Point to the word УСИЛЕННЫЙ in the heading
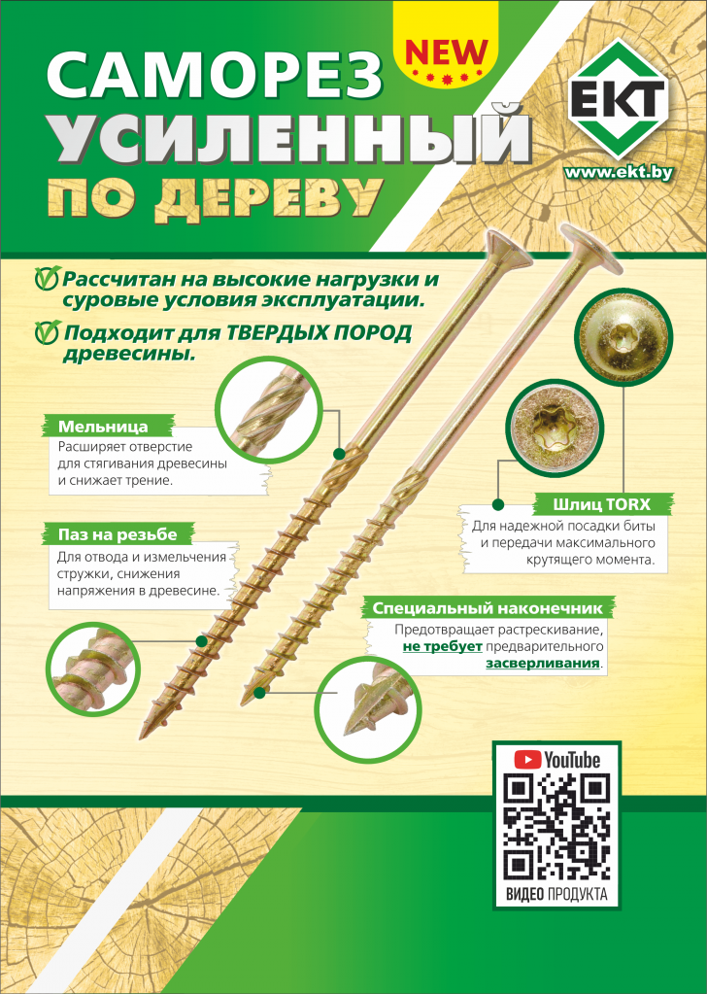pyautogui.click(x=289, y=141)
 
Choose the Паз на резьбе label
pyautogui.click(x=118, y=533)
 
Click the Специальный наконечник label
pyautogui.click(x=493, y=609)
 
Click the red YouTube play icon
pyautogui.click(x=527, y=759)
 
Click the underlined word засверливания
pyautogui.click(x=543, y=665)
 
